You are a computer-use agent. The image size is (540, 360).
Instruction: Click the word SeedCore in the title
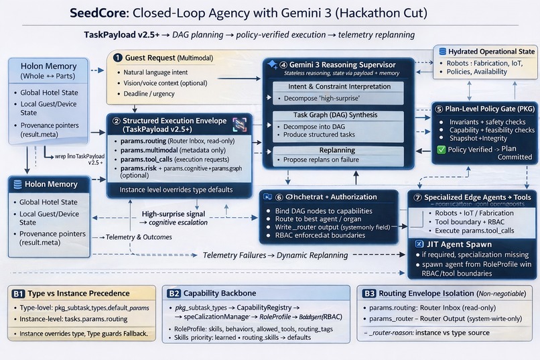tap(100, 14)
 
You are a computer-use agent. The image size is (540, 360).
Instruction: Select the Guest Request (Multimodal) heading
tap(167, 58)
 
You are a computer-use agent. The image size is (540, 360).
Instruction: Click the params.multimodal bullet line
tap(170, 151)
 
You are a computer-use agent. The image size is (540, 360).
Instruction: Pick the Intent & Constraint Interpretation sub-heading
tap(339, 86)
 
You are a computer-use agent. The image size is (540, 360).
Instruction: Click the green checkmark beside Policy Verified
tap(440, 149)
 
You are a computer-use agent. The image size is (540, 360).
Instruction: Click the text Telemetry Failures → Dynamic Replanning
tap(275, 255)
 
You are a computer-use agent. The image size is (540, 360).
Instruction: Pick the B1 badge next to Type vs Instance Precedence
tap(19, 293)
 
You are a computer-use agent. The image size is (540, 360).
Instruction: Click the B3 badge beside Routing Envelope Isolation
tap(368, 293)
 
